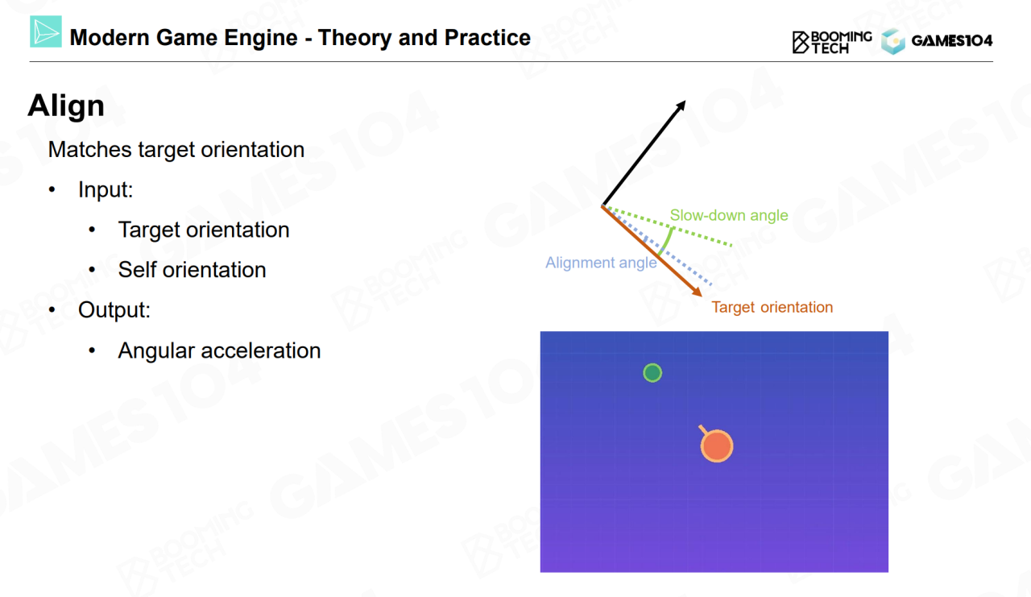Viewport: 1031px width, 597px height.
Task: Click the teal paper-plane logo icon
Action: click(46, 31)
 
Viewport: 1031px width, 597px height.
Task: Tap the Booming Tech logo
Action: click(832, 42)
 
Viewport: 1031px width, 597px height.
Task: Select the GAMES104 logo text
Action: click(951, 41)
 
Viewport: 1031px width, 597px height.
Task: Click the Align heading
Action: click(66, 106)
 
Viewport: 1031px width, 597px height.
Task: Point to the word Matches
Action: click(89, 150)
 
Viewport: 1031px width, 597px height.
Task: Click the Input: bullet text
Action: click(106, 189)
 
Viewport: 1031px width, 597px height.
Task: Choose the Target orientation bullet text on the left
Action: click(204, 230)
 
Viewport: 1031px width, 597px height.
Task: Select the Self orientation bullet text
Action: click(192, 270)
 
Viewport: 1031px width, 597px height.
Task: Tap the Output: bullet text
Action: click(114, 309)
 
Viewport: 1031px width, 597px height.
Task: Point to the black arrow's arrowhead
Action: click(681, 106)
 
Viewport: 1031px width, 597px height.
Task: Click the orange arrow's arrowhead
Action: click(697, 292)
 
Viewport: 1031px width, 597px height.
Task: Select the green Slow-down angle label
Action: click(729, 215)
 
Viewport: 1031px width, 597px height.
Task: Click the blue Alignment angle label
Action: click(601, 263)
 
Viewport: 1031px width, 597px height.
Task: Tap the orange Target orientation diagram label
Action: click(772, 307)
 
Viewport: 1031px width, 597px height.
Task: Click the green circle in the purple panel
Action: click(652, 373)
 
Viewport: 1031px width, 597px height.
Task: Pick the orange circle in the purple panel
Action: click(717, 446)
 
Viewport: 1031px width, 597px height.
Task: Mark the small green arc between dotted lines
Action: click(667, 240)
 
